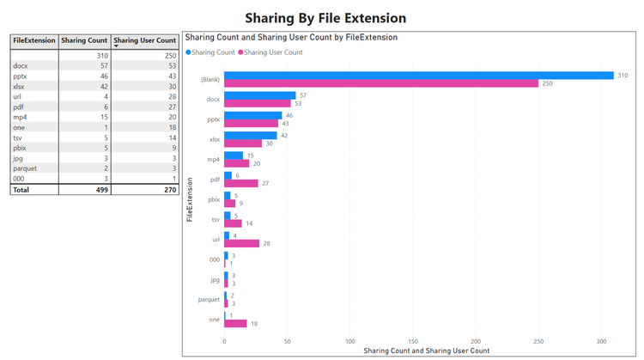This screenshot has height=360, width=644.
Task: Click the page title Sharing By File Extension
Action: coord(325,18)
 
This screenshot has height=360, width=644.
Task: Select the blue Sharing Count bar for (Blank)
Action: coord(419,76)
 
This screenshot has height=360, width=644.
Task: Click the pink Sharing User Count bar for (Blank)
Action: coord(381,83)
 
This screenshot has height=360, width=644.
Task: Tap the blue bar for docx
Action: coord(260,95)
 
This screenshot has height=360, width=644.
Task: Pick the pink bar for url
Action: coord(241,243)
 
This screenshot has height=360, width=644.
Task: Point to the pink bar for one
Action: coord(235,323)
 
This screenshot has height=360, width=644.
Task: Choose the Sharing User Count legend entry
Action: coord(273,52)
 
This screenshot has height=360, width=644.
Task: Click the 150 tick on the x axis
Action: coord(413,341)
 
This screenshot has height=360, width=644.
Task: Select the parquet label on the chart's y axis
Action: coord(209,300)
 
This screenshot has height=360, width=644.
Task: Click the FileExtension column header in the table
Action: coord(34,40)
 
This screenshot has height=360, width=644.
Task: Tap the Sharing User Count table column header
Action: coord(145,40)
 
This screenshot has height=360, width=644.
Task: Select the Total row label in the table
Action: coord(21,189)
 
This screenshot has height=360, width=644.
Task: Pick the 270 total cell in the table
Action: coord(169,189)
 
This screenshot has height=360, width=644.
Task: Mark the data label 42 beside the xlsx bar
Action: coord(285,135)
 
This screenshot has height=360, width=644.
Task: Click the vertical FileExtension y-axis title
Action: coord(189,200)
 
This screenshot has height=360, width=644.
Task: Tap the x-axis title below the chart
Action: coord(426,351)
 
